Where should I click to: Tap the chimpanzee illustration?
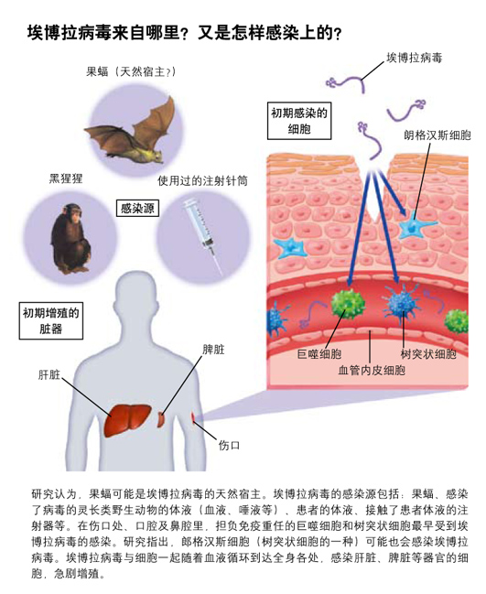pos(70,238)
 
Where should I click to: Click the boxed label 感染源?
pos(136,209)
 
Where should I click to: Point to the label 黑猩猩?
pos(66,178)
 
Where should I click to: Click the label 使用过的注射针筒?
pos(202,181)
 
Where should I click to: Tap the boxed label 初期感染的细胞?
pos(299,121)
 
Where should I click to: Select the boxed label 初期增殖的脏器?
pos(51,320)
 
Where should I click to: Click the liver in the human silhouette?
pos(127,420)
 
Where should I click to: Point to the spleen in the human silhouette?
pos(161,420)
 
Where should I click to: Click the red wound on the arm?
pos(193,417)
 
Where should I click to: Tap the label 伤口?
pos(229,445)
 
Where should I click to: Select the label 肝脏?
pos(49,375)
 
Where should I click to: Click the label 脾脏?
pos(213,350)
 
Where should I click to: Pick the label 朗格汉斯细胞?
pos(437,135)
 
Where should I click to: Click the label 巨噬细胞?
pos(319,354)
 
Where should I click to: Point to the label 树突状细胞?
pos(428,354)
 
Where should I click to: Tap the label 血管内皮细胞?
pos(372,370)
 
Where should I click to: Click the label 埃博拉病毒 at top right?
pos(414,58)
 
